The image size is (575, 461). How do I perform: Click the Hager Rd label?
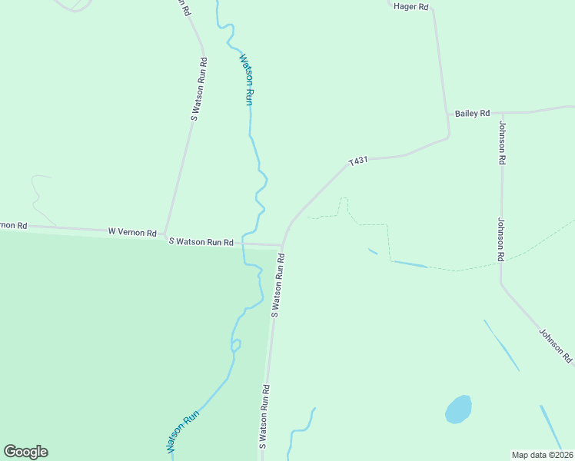(x=410, y=6)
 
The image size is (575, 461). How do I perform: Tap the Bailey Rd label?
(x=472, y=114)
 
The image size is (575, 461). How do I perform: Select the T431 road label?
(x=358, y=161)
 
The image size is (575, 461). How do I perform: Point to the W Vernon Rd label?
(x=132, y=231)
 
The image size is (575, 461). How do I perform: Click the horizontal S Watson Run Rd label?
(x=201, y=242)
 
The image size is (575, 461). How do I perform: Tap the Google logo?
(x=25, y=452)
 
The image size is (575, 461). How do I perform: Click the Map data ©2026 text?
(x=542, y=454)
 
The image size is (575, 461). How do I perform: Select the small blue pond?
(x=458, y=410)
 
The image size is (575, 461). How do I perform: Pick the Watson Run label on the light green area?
(x=246, y=78)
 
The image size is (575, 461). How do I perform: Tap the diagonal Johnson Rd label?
(x=555, y=345)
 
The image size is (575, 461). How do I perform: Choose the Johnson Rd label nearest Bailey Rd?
(x=502, y=143)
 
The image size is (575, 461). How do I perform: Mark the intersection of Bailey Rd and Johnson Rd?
(x=502, y=112)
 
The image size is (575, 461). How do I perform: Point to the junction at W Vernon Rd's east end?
(x=165, y=234)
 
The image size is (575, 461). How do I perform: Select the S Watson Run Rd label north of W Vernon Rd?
(x=198, y=88)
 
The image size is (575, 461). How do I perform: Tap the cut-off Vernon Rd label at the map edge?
(x=13, y=225)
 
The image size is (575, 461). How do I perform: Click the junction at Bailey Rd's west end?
(x=447, y=114)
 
